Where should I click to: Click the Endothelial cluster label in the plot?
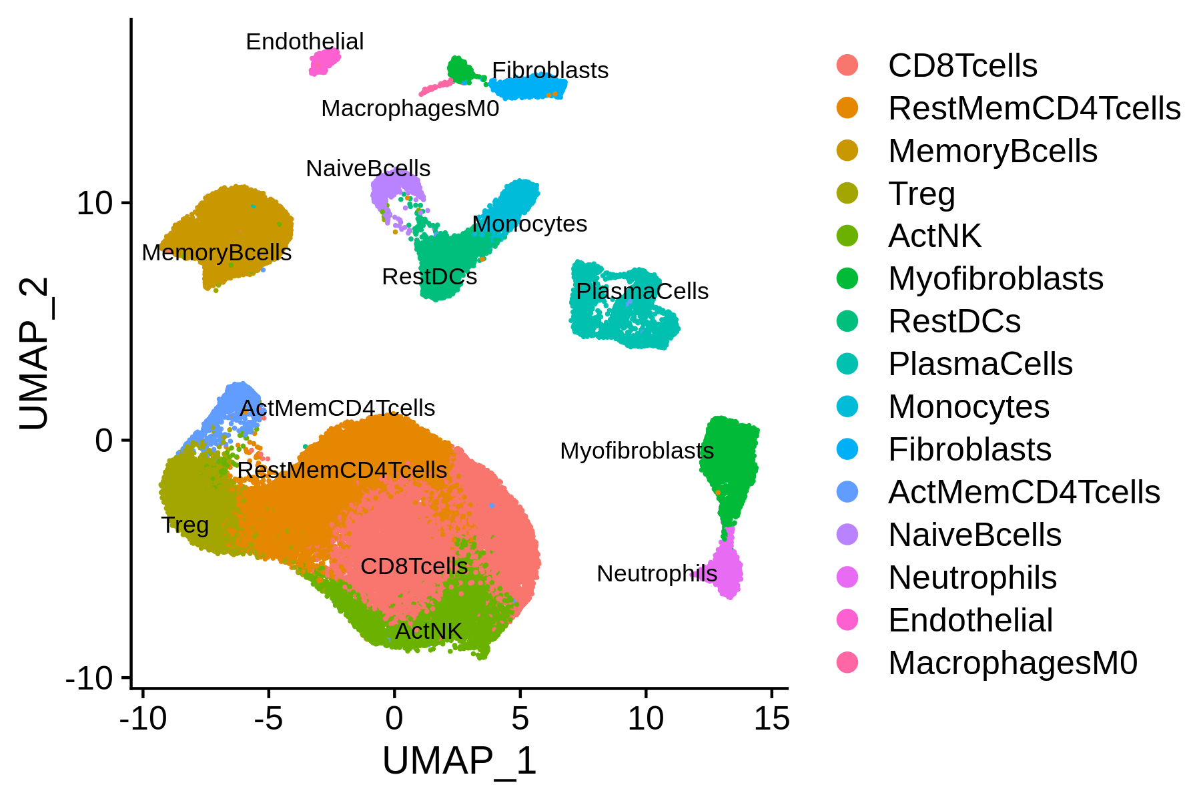pos(305,41)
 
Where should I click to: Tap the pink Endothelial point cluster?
pos(324,62)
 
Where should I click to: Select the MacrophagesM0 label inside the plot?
pos(410,108)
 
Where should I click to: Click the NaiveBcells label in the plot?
pos(368,168)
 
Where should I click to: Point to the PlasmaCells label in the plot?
pos(643,291)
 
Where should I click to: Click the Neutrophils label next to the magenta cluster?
pos(657,573)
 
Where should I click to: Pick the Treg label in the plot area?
pos(185,525)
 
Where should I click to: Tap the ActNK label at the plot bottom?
pos(428,631)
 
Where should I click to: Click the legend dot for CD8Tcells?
pos(847,65)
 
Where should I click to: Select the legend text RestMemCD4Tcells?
pos(1035,108)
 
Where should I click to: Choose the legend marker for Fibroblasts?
pos(847,449)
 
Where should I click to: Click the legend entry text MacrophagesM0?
pos(1013,663)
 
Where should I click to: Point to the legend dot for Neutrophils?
pos(847,577)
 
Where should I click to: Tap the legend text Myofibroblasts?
pos(996,278)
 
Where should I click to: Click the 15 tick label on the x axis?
pos(772,719)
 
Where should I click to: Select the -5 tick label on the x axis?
pos(268,719)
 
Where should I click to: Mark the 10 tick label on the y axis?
pos(95,203)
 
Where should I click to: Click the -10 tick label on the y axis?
pos(89,680)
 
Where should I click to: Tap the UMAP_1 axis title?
pos(460,761)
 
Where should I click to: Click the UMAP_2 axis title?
pos(33,354)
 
